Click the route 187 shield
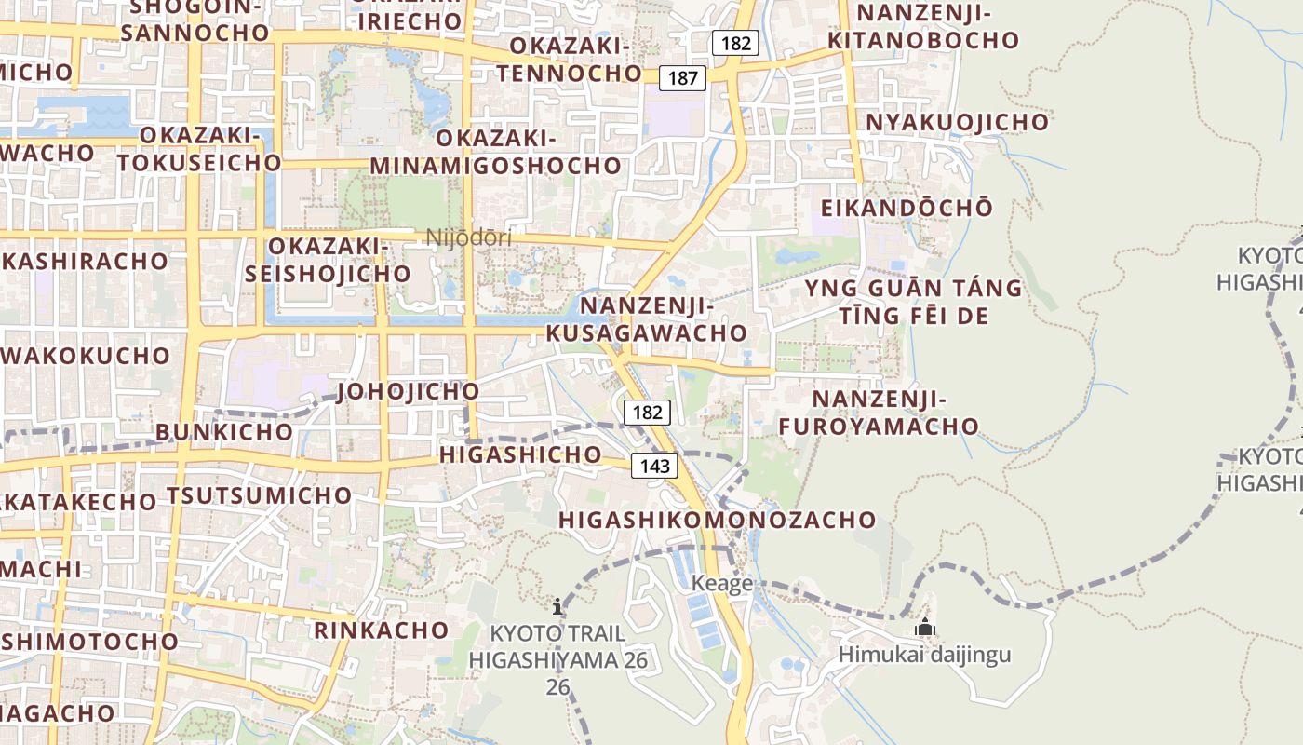click(682, 78)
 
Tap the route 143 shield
click(655, 466)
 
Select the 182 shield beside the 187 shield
click(736, 43)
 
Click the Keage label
click(722, 584)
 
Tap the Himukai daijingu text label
click(924, 654)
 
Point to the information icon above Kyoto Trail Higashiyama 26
click(557, 607)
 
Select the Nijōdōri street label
click(469, 237)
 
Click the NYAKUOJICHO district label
click(957, 123)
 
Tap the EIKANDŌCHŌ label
click(907, 208)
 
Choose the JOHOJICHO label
click(409, 391)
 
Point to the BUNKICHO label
click(224, 432)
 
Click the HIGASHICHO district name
click(520, 454)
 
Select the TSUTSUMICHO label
click(260, 495)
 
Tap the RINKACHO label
click(382, 630)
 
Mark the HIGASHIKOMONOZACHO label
click(718, 520)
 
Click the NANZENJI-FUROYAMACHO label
click(880, 413)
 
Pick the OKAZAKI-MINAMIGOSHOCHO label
click(495, 152)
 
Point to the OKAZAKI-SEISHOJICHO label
click(327, 260)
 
